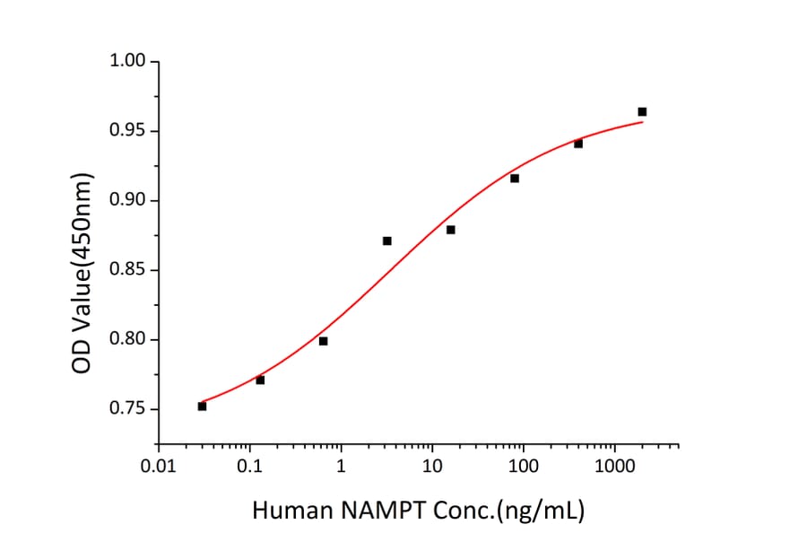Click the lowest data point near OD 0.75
coord(202,406)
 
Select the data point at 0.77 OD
coord(260,380)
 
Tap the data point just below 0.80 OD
coord(323,340)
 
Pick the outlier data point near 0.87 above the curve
coord(386,240)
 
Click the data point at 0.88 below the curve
coord(450,229)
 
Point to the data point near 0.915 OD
coord(515,178)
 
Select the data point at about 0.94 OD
coord(578,144)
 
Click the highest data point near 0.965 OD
coord(642,111)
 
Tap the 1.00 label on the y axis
coord(127,61)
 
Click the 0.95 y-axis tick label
coord(127,131)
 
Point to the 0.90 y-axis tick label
coord(127,200)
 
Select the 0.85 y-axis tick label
coord(127,270)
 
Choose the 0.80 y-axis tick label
coord(127,339)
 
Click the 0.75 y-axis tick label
coord(127,409)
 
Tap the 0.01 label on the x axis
coord(159,467)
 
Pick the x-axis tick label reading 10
coord(432,467)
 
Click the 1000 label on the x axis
coord(614,467)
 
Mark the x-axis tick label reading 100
coord(523,467)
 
